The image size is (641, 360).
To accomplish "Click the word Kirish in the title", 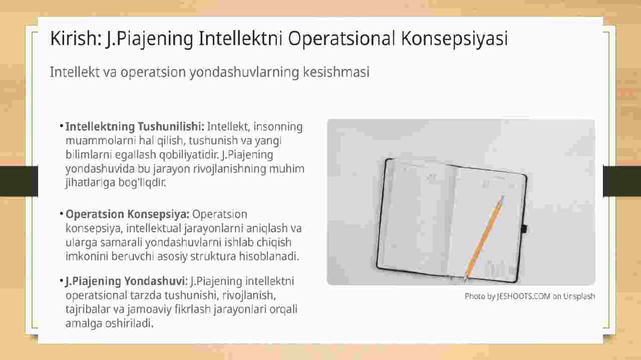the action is click(76, 39).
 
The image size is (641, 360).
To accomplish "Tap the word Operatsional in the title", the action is click(342, 39).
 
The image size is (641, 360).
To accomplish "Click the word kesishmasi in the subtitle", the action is click(336, 72).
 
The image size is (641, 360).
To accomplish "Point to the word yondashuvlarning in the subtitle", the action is click(244, 73).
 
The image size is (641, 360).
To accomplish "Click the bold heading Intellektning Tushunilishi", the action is click(135, 127).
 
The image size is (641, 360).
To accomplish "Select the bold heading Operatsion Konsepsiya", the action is click(127, 214).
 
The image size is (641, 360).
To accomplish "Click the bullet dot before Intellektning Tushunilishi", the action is click(62, 125).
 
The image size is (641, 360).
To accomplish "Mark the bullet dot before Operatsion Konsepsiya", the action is click(62, 213).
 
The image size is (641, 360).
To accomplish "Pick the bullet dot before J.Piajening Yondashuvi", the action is click(62, 280).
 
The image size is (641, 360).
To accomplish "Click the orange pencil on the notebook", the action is click(484, 238).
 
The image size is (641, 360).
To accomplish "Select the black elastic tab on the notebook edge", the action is click(524, 229).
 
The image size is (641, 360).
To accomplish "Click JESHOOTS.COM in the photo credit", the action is click(523, 296).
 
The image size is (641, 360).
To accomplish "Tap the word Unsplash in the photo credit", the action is click(579, 296).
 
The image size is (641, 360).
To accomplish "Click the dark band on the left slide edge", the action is click(19, 181).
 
